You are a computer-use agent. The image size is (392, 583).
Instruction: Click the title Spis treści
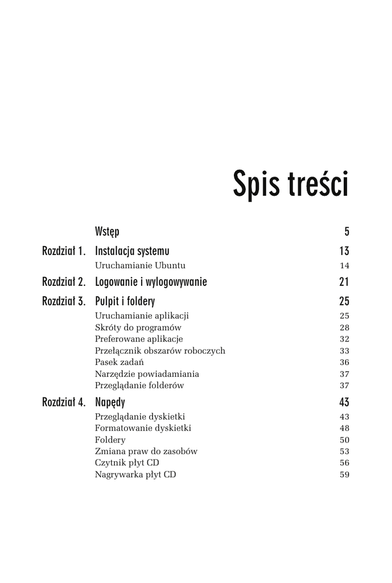click(290, 184)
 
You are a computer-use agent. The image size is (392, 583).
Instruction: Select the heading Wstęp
click(107, 232)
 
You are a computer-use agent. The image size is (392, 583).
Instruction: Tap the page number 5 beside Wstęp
click(346, 232)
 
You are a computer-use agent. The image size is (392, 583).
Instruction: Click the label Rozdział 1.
click(64, 251)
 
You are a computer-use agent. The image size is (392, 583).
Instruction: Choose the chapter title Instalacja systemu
click(132, 251)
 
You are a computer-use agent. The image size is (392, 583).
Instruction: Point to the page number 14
click(344, 265)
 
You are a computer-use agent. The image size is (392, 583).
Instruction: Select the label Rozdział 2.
click(64, 282)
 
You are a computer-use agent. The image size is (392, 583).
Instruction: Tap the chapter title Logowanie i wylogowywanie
click(151, 282)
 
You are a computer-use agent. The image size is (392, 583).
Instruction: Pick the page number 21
click(344, 282)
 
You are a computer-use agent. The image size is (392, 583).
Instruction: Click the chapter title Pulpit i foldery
click(125, 301)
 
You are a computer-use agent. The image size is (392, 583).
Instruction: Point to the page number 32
click(344, 339)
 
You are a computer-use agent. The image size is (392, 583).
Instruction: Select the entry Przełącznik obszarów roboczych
click(160, 351)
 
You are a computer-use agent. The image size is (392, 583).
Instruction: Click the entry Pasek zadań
click(119, 362)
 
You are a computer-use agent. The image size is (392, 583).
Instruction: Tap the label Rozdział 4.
click(64, 403)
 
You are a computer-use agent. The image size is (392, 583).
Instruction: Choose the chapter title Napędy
click(110, 403)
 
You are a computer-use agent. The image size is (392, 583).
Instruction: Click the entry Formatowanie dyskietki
click(143, 428)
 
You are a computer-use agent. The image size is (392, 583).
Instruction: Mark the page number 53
click(344, 451)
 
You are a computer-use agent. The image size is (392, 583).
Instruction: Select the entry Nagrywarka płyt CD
click(135, 474)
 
